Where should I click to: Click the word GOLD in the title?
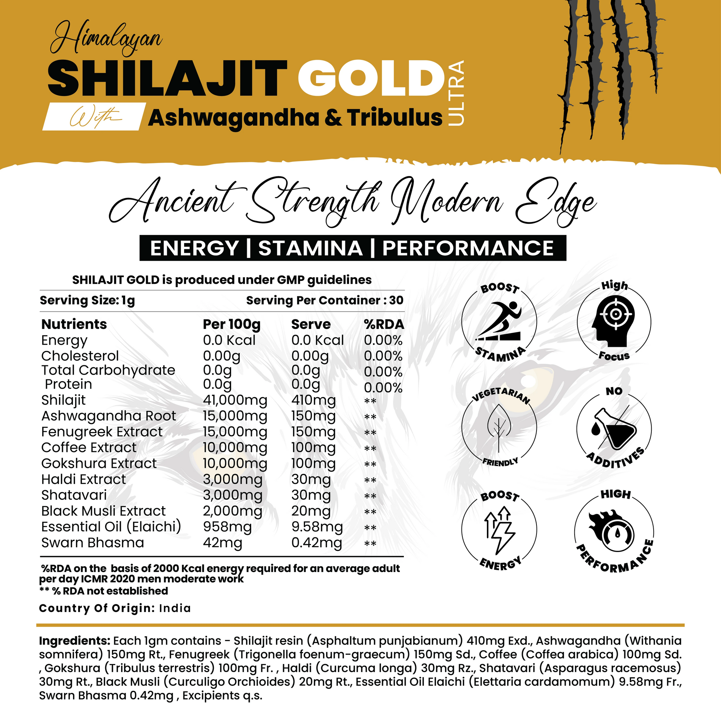coord(371,79)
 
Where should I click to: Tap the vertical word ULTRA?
coord(456,93)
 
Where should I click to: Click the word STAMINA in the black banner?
coord(310,248)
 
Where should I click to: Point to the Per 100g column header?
coord(231,324)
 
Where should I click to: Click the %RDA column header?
coord(384,324)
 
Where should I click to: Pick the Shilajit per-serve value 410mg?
coord(313,400)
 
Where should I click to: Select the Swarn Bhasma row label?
coord(93,543)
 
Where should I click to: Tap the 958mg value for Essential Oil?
coord(227,527)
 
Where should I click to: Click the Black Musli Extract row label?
coord(103,511)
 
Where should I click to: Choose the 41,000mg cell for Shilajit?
coord(235,400)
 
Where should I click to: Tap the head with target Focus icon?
coord(614,320)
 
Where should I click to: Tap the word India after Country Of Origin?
coord(175,608)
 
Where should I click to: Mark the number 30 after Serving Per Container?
coord(396,300)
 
